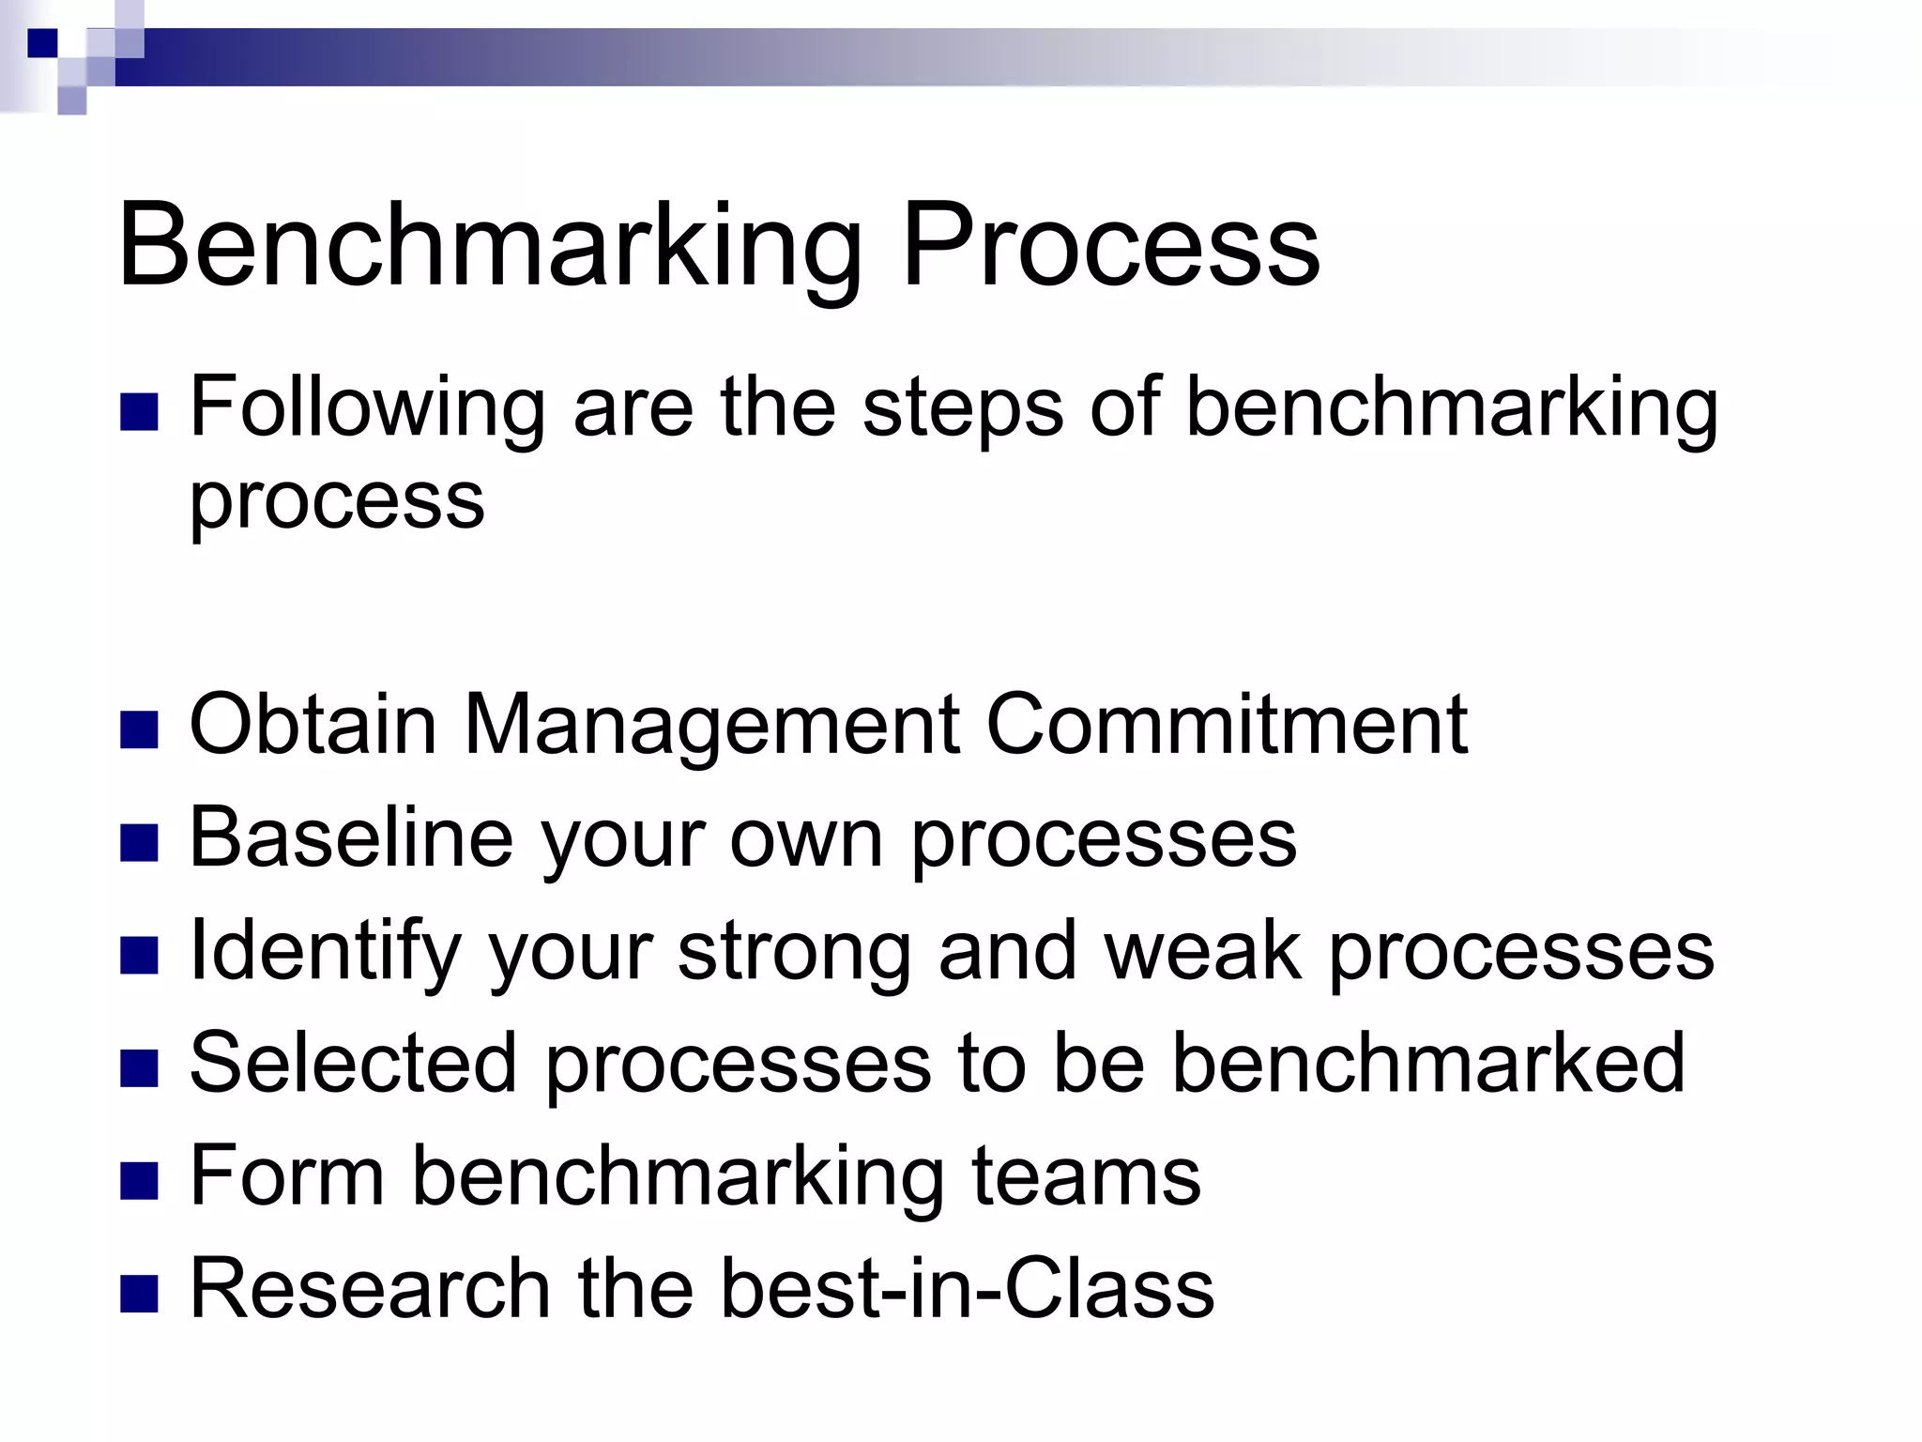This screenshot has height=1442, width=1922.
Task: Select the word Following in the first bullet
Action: (x=367, y=408)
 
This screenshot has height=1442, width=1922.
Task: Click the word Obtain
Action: (x=313, y=724)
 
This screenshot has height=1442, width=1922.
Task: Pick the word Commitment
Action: (x=1226, y=724)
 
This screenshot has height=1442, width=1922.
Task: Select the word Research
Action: (x=370, y=1288)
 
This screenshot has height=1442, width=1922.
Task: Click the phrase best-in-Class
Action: (x=967, y=1288)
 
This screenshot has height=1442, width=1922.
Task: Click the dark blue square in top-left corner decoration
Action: (x=41, y=42)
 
